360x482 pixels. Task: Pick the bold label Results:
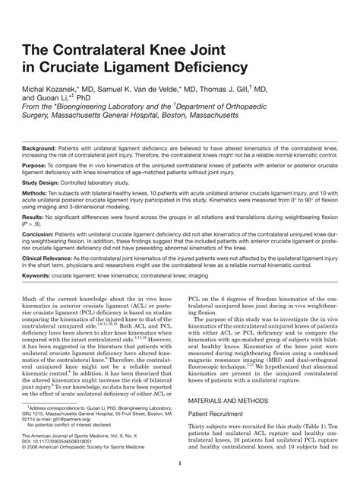point(34,217)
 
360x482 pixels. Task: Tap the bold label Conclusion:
point(39,236)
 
